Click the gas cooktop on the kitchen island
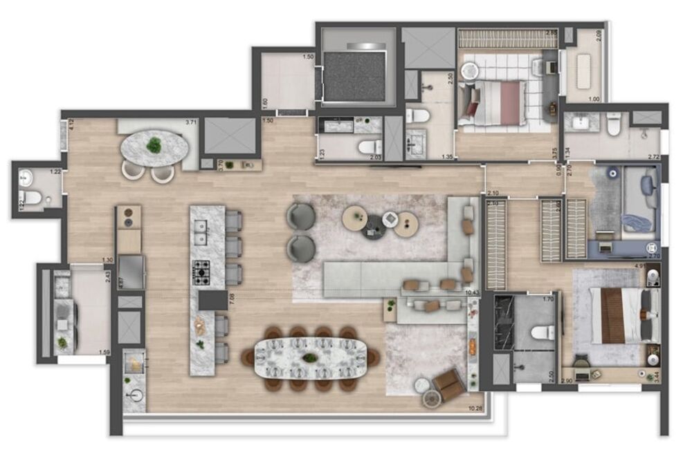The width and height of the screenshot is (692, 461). pos(202,272)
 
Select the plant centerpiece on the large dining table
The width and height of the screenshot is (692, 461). pos(311,357)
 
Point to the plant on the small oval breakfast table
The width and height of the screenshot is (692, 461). pos(154,145)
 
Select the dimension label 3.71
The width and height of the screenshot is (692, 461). pos(191,122)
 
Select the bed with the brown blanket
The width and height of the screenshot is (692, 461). pos(620,315)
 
